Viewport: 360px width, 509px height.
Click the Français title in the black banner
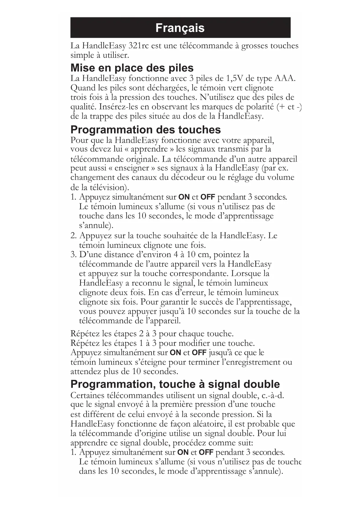pos(180,28)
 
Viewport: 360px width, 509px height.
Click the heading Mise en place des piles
pos(132,68)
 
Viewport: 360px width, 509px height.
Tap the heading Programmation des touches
pos(146,129)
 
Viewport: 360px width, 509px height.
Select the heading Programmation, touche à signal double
pos(175,384)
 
